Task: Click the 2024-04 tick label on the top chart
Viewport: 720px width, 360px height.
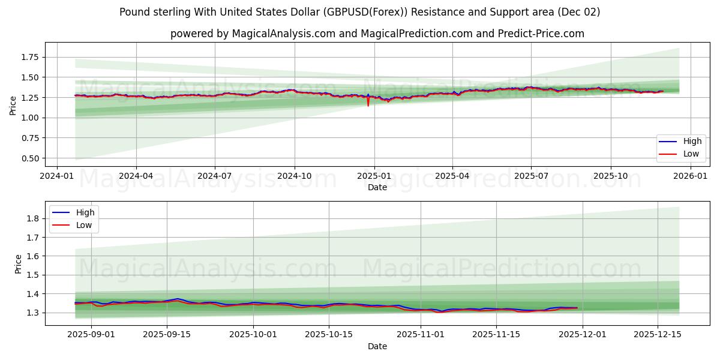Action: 136,176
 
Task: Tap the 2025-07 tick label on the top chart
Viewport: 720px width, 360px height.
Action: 531,176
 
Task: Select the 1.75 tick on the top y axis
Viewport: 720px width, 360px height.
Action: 30,57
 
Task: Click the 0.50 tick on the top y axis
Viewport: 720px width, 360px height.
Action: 30,158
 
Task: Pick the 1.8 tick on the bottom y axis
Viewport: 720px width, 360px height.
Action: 34,218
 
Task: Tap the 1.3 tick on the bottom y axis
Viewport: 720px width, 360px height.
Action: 34,313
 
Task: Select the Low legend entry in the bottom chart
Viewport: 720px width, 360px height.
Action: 83,225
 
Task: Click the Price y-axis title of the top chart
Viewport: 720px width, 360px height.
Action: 13,106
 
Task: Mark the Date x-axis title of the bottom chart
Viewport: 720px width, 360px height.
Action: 377,346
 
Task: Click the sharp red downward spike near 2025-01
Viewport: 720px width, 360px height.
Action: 368,104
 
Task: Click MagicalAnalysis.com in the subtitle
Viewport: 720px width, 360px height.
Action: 284,34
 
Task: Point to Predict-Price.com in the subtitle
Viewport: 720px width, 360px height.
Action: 541,34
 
